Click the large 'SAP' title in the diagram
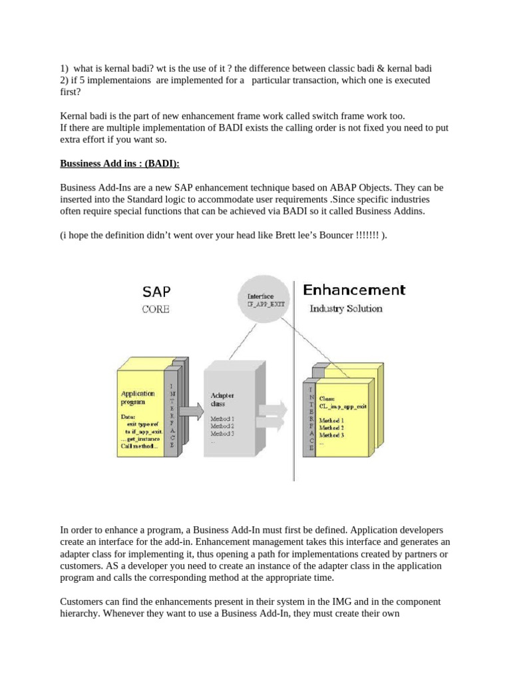pos(156,291)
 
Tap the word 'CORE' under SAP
pos(155,309)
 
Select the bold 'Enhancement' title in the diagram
pos(354,290)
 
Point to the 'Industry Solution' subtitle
pos(346,308)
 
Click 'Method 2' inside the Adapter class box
pos(222,426)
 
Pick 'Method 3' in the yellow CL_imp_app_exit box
pos(331,435)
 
